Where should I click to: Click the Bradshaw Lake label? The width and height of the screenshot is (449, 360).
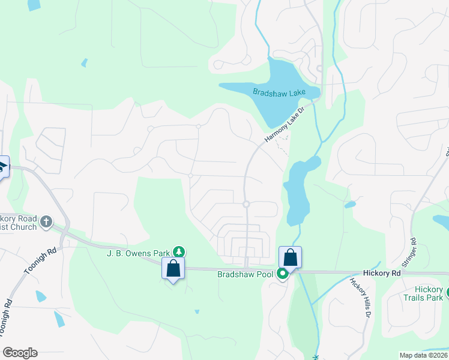[x=279, y=92]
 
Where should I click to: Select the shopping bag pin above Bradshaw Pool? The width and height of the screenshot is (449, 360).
[x=290, y=257]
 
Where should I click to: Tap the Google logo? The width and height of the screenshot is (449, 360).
[x=20, y=353]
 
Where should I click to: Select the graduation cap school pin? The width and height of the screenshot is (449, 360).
[x=2, y=166]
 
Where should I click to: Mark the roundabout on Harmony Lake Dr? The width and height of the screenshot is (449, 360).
[x=246, y=205]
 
